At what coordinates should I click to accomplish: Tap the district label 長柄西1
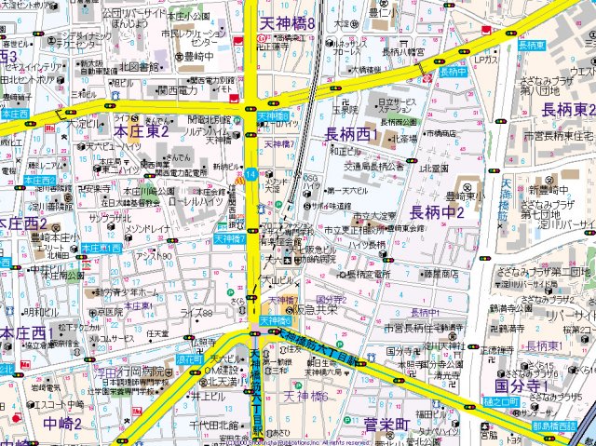[351, 135]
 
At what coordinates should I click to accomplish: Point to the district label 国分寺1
[521, 385]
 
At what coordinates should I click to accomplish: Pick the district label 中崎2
[61, 424]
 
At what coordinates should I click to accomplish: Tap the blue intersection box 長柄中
[453, 71]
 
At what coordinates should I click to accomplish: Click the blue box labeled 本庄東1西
[101, 249]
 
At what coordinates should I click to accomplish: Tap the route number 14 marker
[251, 174]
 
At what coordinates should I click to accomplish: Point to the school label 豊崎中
[199, 54]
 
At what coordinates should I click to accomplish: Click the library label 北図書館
[141, 66]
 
